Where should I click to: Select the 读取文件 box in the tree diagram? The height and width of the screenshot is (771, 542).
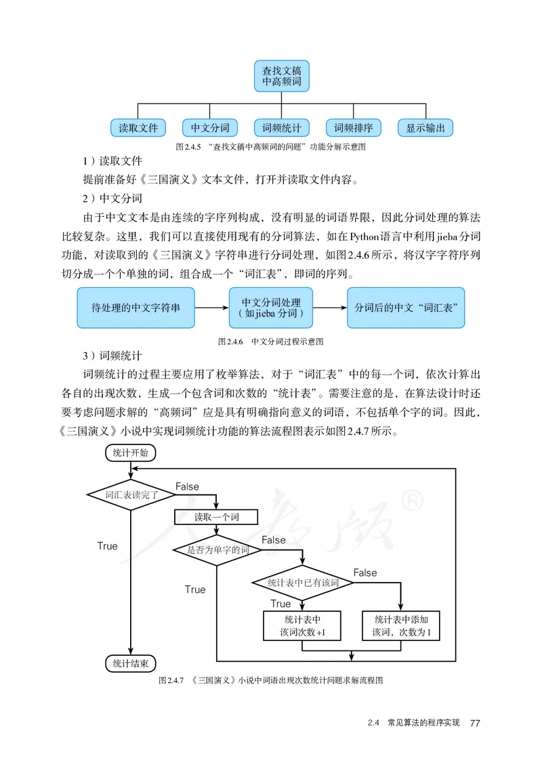click(138, 127)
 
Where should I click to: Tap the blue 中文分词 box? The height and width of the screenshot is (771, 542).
click(210, 127)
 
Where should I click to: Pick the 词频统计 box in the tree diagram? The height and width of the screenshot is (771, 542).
click(282, 127)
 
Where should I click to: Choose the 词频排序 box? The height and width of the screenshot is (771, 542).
click(354, 127)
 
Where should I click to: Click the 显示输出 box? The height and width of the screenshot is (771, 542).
click(425, 127)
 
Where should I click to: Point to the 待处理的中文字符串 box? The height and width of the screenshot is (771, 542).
click(135, 308)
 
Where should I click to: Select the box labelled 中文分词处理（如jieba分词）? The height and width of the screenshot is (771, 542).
click(271, 308)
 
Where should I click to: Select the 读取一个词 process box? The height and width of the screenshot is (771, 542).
click(216, 517)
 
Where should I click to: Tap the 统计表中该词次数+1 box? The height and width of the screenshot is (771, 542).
click(302, 625)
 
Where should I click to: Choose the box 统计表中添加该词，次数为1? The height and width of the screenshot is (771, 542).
click(401, 625)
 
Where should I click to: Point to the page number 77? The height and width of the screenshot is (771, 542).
click(474, 724)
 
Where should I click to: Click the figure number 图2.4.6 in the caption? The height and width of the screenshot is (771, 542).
click(231, 342)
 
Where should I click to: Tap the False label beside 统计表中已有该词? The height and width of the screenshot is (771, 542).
click(365, 572)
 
